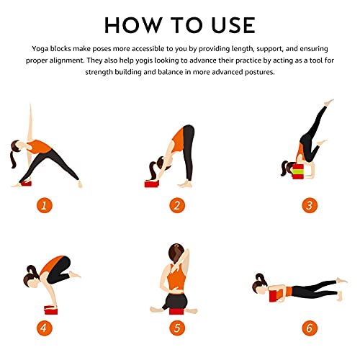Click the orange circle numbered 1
[45, 205]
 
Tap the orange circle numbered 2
[177, 205]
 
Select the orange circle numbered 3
[310, 205]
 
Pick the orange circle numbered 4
[45, 328]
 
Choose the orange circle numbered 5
[177, 328]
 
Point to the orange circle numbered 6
[310, 328]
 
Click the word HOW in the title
[133, 25]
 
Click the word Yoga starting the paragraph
[40, 49]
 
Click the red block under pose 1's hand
[26, 184]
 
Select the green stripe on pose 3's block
[299, 171]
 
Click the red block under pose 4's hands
[51, 310]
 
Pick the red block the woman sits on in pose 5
[178, 312]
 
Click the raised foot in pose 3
[329, 102]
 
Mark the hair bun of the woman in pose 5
[176, 246]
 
